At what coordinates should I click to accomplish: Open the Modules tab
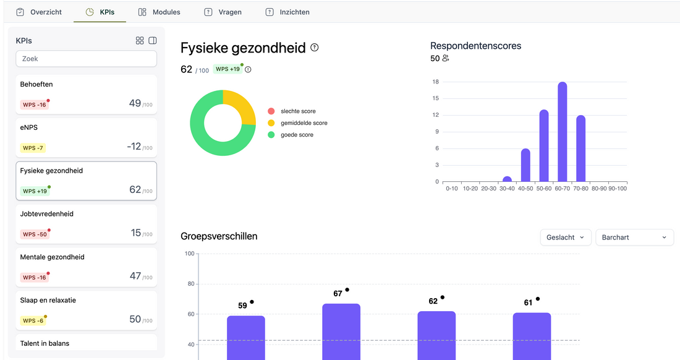pyautogui.click(x=159, y=12)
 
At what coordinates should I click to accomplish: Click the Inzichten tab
pyautogui.click(x=287, y=12)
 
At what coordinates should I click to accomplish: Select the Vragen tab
pyautogui.click(x=223, y=12)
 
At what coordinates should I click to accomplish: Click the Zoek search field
pyautogui.click(x=86, y=59)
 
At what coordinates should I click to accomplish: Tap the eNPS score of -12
pyautogui.click(x=134, y=147)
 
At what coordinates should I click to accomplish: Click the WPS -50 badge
pyautogui.click(x=35, y=234)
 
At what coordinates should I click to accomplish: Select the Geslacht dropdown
pyautogui.click(x=565, y=238)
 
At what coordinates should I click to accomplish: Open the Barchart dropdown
pyautogui.click(x=634, y=238)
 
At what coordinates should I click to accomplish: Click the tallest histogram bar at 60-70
pyautogui.click(x=562, y=132)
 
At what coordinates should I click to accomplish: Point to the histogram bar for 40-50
pyautogui.click(x=525, y=165)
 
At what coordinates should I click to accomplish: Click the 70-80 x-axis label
pyautogui.click(x=580, y=188)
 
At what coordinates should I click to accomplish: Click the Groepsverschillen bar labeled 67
pyautogui.click(x=341, y=331)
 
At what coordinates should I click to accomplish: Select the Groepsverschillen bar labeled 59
pyautogui.click(x=245, y=337)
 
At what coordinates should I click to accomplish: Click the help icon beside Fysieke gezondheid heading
pyautogui.click(x=315, y=48)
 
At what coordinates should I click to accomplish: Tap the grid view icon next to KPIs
pyautogui.click(x=140, y=41)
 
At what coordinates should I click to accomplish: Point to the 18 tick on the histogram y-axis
pyautogui.click(x=436, y=82)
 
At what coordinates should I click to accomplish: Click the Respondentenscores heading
pyautogui.click(x=475, y=46)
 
